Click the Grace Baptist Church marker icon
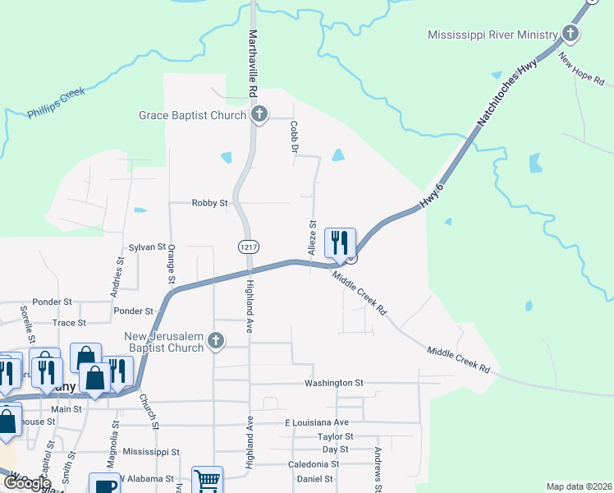tap(259, 115)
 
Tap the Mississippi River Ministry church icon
tap(570, 35)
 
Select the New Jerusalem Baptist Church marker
tap(216, 341)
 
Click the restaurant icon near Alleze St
tap(340, 243)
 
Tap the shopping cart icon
tap(207, 481)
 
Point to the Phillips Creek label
tap(56, 104)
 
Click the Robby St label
tap(209, 203)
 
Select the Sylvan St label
tap(147, 246)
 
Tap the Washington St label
tap(333, 383)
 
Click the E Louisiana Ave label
tap(311, 422)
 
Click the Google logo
tap(26, 483)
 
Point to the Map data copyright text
tap(578, 486)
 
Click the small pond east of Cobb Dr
tap(337, 154)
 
